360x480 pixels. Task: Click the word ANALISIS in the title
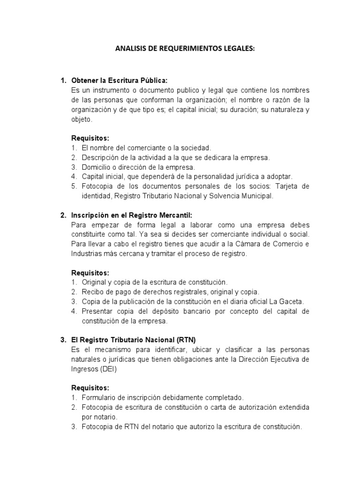[x=128, y=48]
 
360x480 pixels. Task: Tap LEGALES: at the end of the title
[x=237, y=48]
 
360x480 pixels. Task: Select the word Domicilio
[x=96, y=167]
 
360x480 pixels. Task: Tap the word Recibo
[x=92, y=292]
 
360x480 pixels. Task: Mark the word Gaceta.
[x=292, y=301]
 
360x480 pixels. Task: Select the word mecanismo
[x=112, y=350]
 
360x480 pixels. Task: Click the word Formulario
[x=99, y=397]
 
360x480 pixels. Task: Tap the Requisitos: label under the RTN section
[x=90, y=388]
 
